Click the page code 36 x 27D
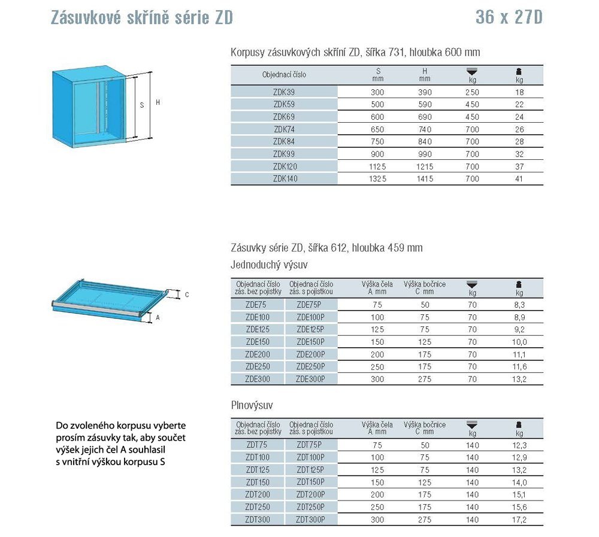coord(509,18)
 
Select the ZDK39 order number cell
coord(284,93)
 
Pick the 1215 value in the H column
coord(424,166)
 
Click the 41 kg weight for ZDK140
coord(519,178)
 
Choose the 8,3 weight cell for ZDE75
coord(519,305)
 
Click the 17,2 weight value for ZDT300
coord(519,520)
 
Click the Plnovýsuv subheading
coord(252,405)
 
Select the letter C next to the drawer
coord(186,295)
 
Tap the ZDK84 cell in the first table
coord(284,142)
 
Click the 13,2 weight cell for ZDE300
coord(519,378)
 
